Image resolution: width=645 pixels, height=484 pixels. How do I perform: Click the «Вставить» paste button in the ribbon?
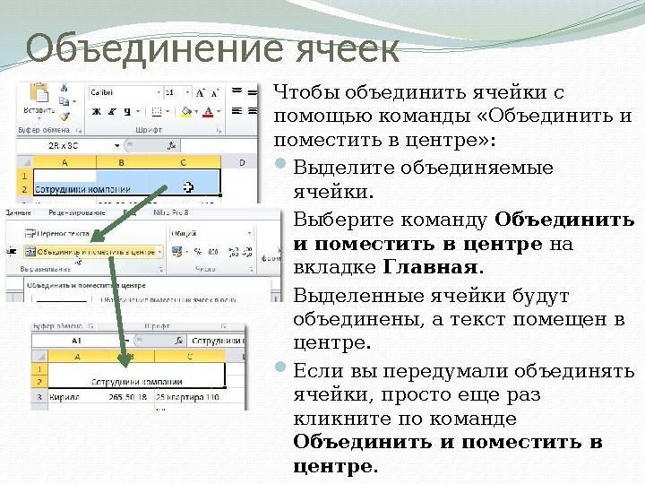39,100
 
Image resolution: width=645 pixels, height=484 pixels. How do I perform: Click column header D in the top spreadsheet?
240,162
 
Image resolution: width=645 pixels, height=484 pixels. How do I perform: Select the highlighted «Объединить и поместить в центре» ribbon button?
90,252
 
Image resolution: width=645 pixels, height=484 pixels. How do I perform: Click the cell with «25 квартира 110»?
188,394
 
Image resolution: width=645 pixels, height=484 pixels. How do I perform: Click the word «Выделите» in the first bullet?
333,168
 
